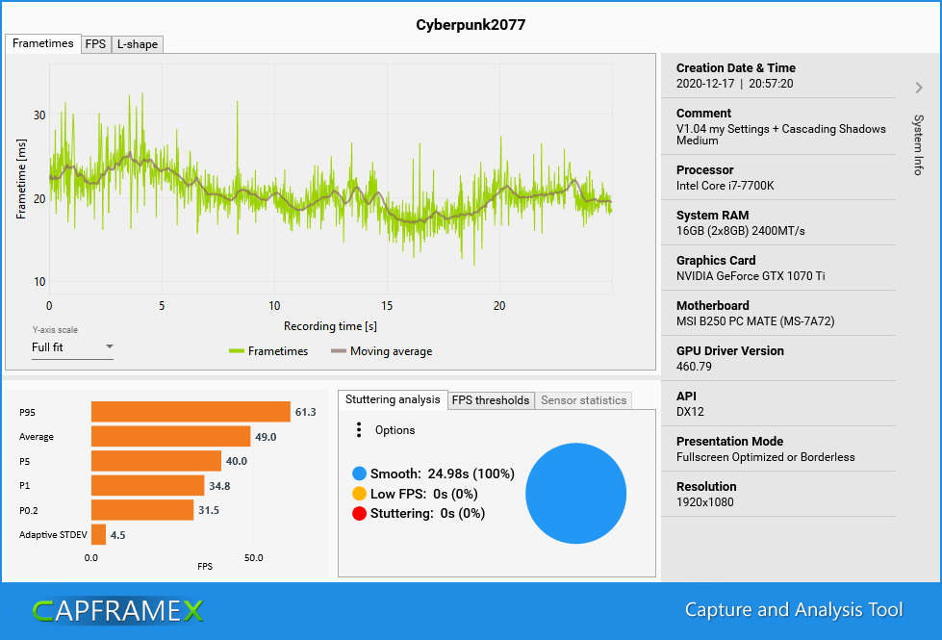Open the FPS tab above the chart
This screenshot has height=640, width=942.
point(95,44)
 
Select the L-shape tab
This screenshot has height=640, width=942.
point(137,44)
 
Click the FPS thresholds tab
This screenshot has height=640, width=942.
point(491,400)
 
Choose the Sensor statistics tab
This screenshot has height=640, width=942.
point(583,400)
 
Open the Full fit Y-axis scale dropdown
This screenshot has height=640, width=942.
point(72,347)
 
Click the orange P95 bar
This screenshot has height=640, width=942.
point(191,412)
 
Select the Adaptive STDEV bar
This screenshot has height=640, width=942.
point(98,534)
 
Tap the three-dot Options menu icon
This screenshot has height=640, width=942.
point(359,430)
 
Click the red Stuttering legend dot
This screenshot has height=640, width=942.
point(360,513)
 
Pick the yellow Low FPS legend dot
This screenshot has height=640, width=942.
point(360,494)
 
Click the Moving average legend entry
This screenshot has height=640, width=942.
point(382,351)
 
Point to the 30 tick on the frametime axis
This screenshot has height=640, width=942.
point(39,115)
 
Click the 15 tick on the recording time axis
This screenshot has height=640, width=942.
point(387,306)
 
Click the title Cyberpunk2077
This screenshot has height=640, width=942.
point(471,25)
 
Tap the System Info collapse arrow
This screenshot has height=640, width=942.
point(918,88)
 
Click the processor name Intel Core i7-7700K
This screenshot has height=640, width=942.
point(725,186)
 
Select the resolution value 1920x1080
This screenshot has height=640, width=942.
point(706,502)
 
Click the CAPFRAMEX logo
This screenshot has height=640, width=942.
point(117,610)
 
